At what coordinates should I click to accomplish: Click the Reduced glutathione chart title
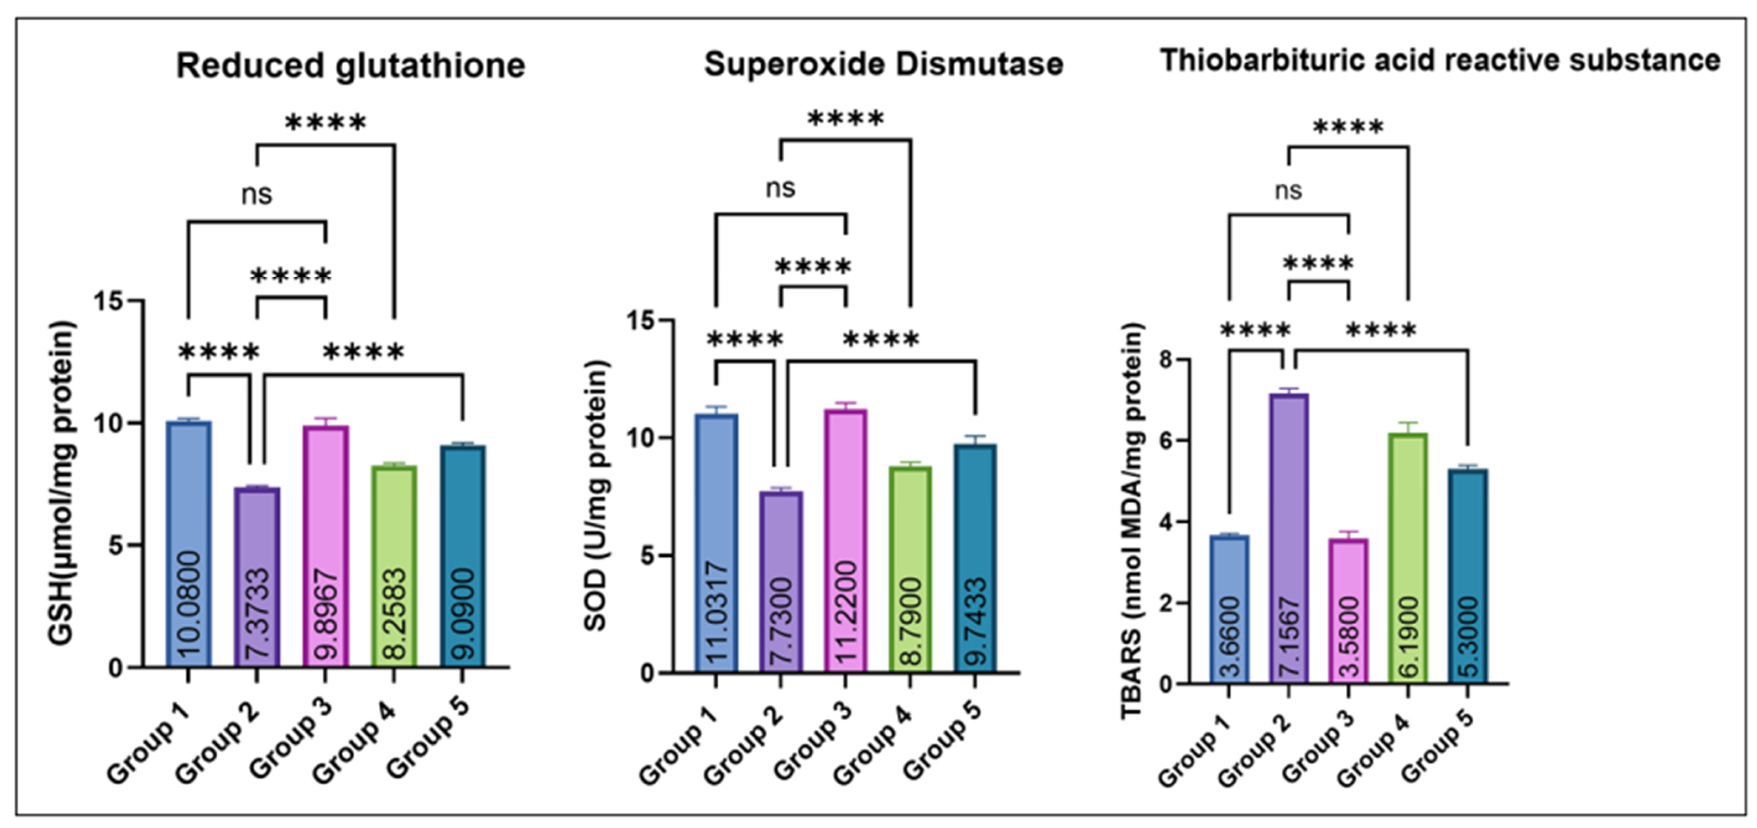point(351,66)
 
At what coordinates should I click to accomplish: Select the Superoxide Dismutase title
point(883,64)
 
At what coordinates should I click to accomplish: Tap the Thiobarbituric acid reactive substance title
point(1440,61)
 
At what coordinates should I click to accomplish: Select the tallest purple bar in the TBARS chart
point(1288,539)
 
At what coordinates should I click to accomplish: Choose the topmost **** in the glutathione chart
point(325,123)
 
